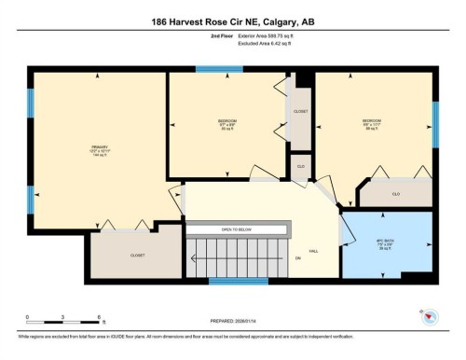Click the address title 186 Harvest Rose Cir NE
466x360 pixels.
pos(232,21)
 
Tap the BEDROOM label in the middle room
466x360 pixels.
pos(227,122)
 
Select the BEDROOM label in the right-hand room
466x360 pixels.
pos(372,121)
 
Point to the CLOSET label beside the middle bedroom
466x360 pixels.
pos(300,111)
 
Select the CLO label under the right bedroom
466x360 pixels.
pos(395,194)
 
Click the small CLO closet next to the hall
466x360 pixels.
pos(300,165)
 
